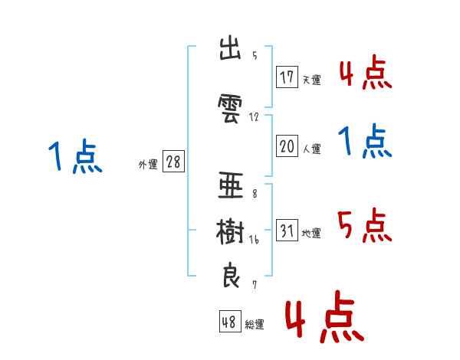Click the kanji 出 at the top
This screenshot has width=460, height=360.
point(230,48)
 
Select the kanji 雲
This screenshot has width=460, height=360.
point(230,108)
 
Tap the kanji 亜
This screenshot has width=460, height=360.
point(231,185)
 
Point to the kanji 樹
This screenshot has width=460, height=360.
point(230,231)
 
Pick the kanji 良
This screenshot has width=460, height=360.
point(231,275)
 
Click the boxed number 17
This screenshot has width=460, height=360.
point(287,77)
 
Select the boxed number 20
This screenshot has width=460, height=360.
point(287,146)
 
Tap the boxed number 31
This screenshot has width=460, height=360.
point(287,230)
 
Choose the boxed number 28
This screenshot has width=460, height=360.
point(173,162)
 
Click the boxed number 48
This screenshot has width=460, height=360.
point(230,322)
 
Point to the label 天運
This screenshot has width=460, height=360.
point(312,80)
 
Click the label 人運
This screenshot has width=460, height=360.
point(312,149)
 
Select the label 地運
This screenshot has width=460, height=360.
point(311,234)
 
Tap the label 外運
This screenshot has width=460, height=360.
point(148,165)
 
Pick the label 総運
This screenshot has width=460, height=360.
point(255,325)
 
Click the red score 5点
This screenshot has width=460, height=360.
point(364,225)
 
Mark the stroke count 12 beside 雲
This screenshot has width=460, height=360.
point(254,117)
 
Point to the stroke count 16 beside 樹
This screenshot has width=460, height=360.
point(254,240)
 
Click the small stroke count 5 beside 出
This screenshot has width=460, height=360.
point(255,55)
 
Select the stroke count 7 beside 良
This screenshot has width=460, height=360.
point(255,285)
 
